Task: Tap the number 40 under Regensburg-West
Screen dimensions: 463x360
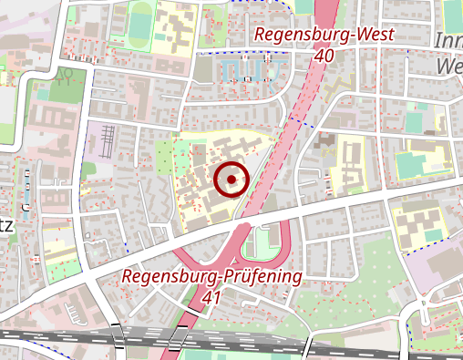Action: (324, 55)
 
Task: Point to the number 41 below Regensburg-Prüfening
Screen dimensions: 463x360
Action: (211, 297)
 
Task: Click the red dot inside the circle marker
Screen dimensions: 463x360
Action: (232, 180)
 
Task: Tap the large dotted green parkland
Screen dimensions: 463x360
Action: (365, 292)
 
